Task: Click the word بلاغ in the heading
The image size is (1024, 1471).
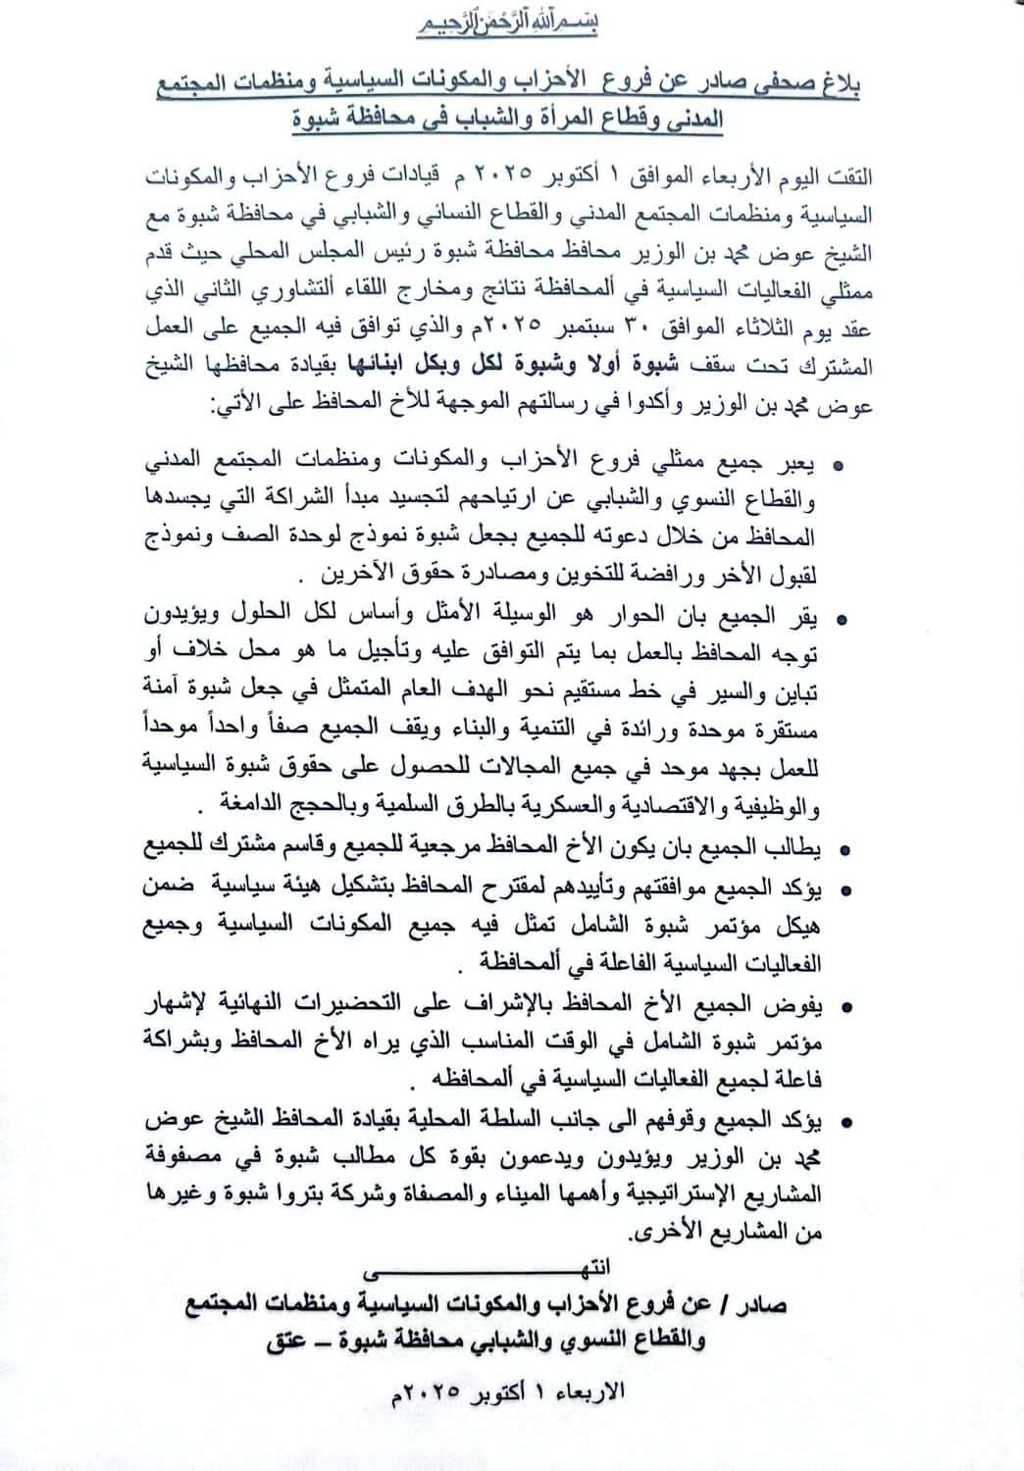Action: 840,87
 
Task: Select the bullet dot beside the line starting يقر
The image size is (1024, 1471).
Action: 840,620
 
